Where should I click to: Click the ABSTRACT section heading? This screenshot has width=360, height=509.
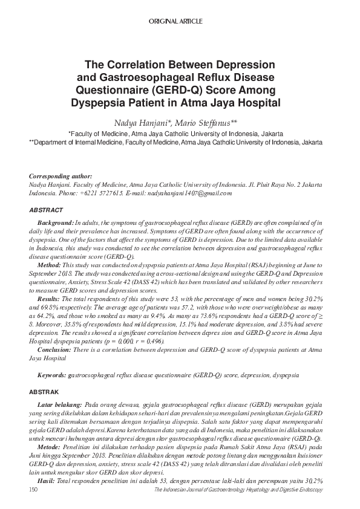(46, 210)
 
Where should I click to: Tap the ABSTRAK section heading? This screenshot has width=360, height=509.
(45, 392)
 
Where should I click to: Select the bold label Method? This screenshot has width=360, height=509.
(49, 265)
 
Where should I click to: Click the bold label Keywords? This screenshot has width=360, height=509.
(52, 375)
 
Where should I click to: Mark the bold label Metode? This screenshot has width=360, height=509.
(49, 446)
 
